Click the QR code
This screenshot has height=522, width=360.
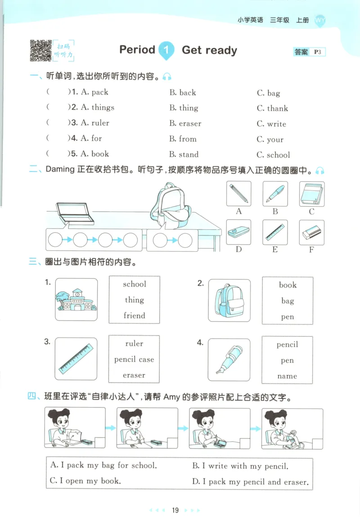[x=40, y=50]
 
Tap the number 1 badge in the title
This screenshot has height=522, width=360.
[x=166, y=50]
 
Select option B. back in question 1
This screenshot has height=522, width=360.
[x=183, y=93]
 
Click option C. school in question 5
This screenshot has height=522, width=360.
[x=273, y=155]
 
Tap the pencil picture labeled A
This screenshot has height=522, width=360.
[x=238, y=194]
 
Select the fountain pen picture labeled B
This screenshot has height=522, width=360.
[x=275, y=194]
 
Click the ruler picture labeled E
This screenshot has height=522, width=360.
[x=275, y=232]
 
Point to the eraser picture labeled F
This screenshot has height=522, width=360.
[x=311, y=232]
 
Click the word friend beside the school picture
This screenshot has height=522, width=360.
[x=134, y=316]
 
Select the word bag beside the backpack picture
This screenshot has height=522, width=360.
[x=288, y=301]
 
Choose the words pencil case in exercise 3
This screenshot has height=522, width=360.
[x=134, y=359]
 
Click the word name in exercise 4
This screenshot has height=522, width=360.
[x=287, y=376]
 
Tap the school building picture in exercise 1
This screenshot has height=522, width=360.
[x=76, y=300]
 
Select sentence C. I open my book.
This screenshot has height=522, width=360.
[x=85, y=481]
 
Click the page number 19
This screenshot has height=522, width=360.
[x=175, y=510]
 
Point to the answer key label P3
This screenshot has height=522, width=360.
[x=318, y=52]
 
